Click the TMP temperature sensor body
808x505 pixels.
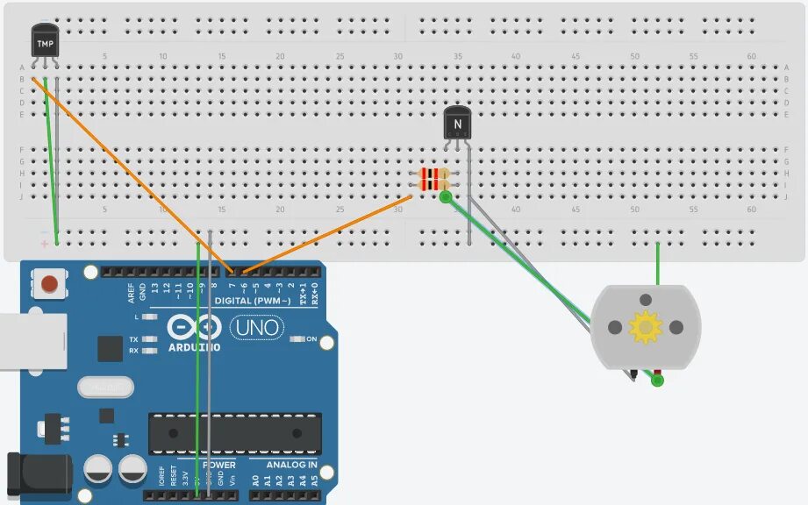pos(45,40)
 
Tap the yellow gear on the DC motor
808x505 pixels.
pos(646,327)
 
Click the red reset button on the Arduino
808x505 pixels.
pos(50,284)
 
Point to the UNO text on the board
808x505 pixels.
pos(256,329)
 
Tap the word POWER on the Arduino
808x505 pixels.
pos(219,465)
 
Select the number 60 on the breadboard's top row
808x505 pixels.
pos(752,56)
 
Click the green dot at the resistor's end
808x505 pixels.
pos(446,198)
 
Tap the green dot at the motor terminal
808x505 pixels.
pos(658,381)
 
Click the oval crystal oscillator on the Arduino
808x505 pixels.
pos(105,386)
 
